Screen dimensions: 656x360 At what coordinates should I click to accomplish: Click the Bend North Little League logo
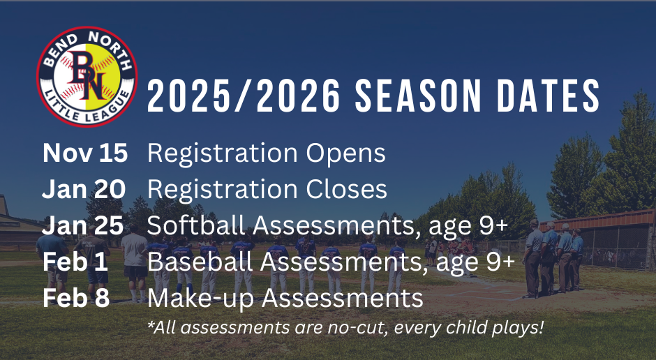(x=87, y=77)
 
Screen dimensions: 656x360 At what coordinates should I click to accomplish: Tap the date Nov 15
(x=85, y=153)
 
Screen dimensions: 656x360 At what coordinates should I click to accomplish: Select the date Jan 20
(x=84, y=189)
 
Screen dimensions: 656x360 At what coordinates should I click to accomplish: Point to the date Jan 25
(x=83, y=226)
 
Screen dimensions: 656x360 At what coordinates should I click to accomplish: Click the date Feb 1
(x=75, y=262)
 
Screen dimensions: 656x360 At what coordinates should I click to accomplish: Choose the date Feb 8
(x=76, y=298)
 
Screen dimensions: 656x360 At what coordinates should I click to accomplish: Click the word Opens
(x=345, y=154)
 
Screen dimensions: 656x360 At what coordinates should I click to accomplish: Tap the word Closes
(x=346, y=189)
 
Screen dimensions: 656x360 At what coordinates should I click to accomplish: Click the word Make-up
(x=200, y=299)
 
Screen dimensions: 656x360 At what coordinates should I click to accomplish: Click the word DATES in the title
(x=549, y=96)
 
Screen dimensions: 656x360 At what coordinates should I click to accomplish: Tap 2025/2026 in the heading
(x=244, y=96)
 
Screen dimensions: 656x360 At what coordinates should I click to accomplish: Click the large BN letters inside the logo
(x=87, y=75)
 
